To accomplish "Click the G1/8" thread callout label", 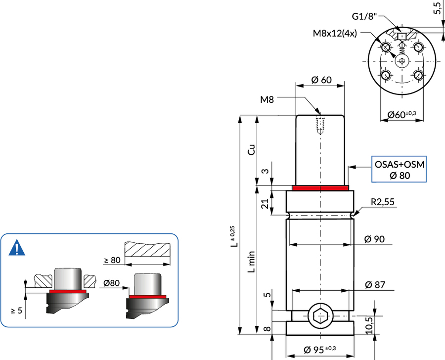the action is (x=364, y=16).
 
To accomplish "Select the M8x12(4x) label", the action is (x=335, y=34).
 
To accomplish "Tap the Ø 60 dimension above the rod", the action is (x=321, y=80).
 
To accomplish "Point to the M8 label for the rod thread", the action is (x=267, y=100).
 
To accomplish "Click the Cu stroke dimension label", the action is (x=252, y=150).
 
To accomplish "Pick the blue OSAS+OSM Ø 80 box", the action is (x=399, y=169).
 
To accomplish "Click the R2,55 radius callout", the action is (x=383, y=202).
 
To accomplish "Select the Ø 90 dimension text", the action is (x=374, y=239).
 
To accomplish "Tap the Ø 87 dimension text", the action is (x=375, y=285).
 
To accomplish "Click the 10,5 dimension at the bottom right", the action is (x=369, y=325).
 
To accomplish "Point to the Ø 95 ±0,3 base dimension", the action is (x=319, y=350).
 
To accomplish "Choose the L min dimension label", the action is (x=252, y=262).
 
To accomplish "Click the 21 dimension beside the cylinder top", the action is (x=265, y=204).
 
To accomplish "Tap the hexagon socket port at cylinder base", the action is (x=320, y=315).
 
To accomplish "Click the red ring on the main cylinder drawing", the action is (x=320, y=188).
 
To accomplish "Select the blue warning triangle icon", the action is (x=17, y=248).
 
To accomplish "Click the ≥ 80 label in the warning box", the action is (x=112, y=260).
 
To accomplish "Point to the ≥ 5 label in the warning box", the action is (x=17, y=311).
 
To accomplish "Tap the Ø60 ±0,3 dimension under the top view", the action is (x=401, y=115).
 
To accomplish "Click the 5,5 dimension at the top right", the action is (x=438, y=8).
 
